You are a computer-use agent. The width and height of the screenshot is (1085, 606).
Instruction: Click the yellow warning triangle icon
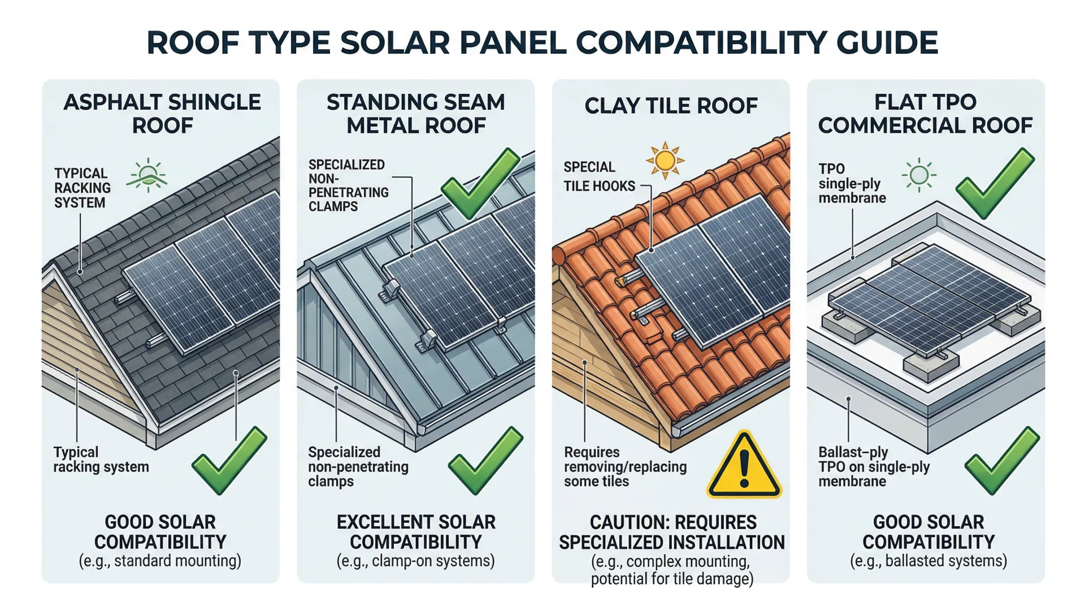744,466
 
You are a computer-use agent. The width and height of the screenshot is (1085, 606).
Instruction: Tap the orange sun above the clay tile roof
665,161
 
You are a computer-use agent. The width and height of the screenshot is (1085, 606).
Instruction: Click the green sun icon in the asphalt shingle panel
148,175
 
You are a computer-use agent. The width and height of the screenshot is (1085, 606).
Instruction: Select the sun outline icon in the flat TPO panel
919,175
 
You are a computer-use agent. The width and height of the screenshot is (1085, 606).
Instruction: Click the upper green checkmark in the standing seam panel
480,183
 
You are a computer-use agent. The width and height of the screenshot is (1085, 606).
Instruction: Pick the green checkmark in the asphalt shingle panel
228,460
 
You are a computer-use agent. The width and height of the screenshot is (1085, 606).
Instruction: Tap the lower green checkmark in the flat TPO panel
1001,460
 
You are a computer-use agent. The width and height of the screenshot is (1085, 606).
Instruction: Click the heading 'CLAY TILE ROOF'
671,106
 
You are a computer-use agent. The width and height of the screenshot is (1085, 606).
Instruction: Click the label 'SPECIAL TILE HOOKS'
599,176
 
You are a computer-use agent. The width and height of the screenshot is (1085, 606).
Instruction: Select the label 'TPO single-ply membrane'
852,183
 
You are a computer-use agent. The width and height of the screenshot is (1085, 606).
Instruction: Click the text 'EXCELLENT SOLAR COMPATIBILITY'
416,531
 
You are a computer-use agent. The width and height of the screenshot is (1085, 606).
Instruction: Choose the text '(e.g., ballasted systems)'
928,561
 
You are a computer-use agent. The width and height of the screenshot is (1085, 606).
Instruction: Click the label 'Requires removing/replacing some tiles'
625,467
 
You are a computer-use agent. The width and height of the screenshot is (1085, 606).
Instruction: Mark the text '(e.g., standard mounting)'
160,561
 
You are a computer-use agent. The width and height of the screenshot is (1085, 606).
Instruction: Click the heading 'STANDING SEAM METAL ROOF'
416,114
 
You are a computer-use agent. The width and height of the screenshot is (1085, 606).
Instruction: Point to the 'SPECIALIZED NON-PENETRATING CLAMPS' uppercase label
348,185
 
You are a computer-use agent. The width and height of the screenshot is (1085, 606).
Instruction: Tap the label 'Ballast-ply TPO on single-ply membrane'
874,467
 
